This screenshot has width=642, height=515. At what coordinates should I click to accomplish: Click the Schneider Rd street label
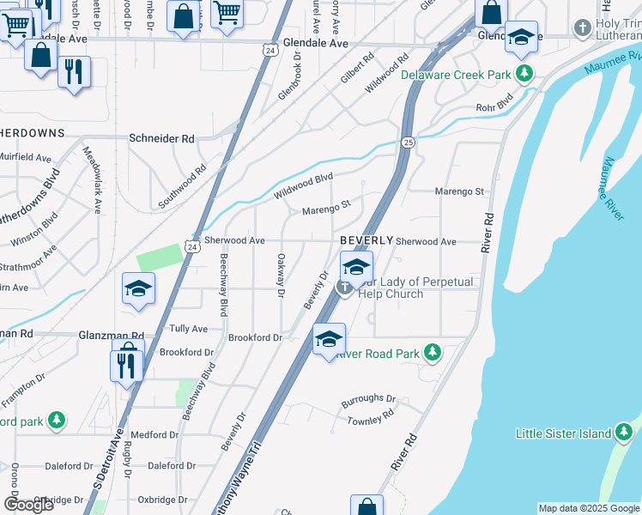[161, 138]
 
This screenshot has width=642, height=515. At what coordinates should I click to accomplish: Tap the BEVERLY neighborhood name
[366, 240]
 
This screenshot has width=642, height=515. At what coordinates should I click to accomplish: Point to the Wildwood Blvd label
[303, 185]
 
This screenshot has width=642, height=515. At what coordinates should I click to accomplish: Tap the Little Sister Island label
[563, 433]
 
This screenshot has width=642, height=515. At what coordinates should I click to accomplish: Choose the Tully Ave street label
[189, 329]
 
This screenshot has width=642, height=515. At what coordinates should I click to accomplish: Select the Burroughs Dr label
[368, 400]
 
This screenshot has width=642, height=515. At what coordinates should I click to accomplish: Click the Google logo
[28, 505]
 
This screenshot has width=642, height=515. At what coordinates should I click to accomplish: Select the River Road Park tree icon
[433, 353]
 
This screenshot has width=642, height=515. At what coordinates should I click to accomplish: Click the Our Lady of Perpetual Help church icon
[344, 287]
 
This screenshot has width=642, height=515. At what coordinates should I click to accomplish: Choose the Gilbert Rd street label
[357, 69]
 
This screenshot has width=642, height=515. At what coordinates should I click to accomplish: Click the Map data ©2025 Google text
[589, 508]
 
